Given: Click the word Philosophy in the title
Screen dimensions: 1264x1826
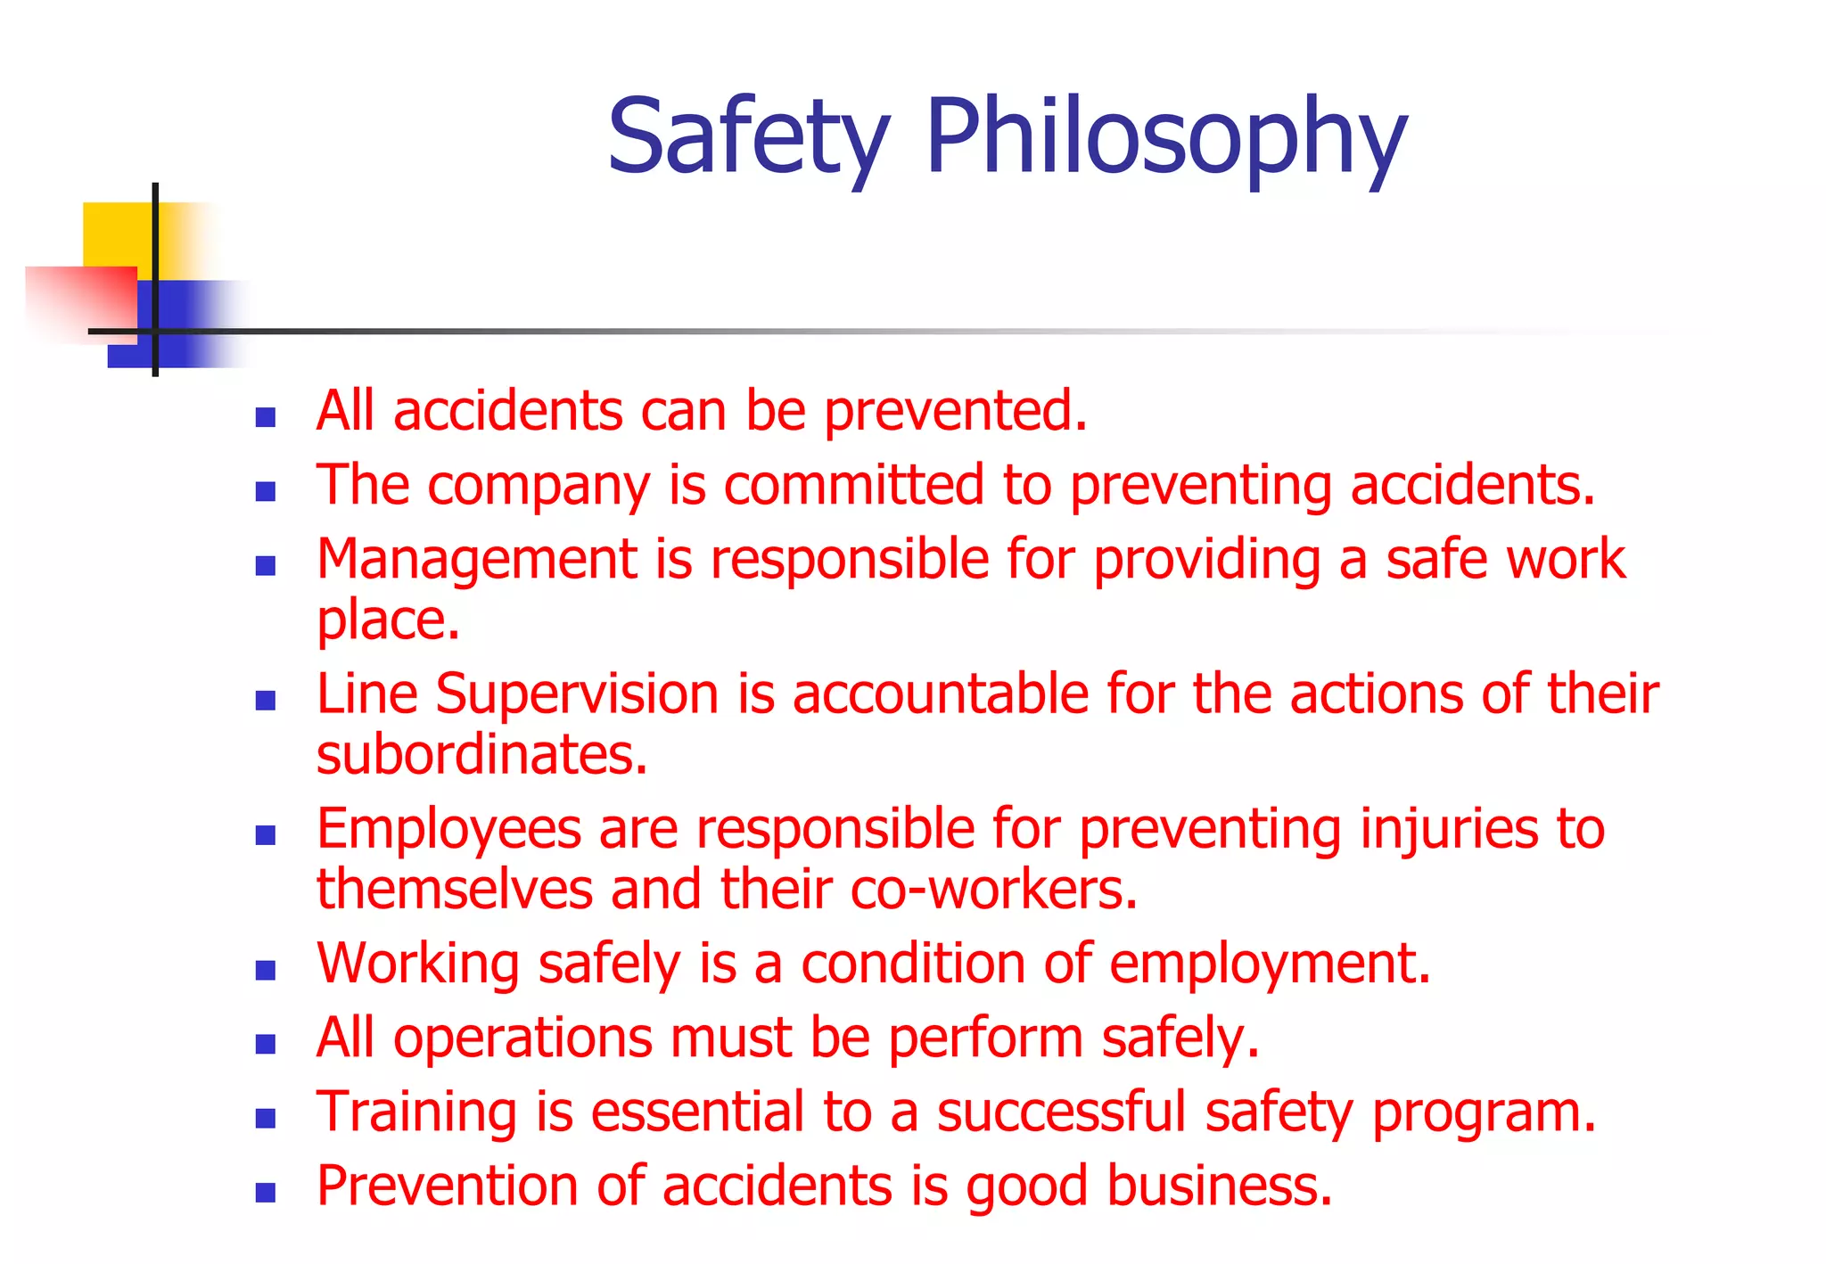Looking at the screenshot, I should coord(1165,138).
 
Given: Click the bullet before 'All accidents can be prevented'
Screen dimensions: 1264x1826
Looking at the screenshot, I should coord(265,417).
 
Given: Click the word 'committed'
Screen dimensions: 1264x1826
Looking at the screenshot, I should coord(853,486).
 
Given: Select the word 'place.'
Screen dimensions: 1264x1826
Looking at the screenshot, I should coord(388,620).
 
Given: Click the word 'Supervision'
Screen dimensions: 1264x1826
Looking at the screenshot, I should coord(577,694).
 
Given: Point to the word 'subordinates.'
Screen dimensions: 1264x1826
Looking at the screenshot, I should coord(481,755).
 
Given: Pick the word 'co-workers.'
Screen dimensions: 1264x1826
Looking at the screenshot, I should coord(994,890).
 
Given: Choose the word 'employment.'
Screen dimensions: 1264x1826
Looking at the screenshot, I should coord(1270,964).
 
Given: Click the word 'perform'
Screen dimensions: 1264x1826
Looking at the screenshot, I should coord(985,1039).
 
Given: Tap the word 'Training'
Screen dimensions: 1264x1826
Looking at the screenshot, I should coord(416,1113).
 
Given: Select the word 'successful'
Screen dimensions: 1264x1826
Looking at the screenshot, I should coord(1061,1113).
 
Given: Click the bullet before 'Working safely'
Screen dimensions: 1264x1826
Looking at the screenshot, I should coord(265,970).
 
